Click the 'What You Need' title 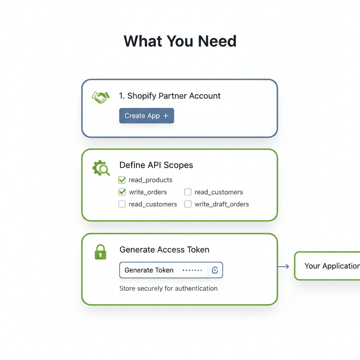click(180, 41)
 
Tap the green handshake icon click(101, 97)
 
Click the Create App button click(147, 116)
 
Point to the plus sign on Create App click(166, 116)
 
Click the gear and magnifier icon click(101, 168)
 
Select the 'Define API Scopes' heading click(156, 165)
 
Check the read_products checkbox click(122, 180)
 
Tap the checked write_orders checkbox click(122, 192)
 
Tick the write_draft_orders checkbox click(188, 204)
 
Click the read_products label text click(150, 180)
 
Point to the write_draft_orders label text click(221, 204)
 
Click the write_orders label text click(148, 192)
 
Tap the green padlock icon click(101, 252)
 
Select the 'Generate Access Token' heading click(165, 250)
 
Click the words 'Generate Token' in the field click(149, 270)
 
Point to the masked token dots click(192, 270)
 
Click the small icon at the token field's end click(215, 270)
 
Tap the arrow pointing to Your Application click(284, 266)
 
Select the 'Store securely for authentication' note click(168, 288)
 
